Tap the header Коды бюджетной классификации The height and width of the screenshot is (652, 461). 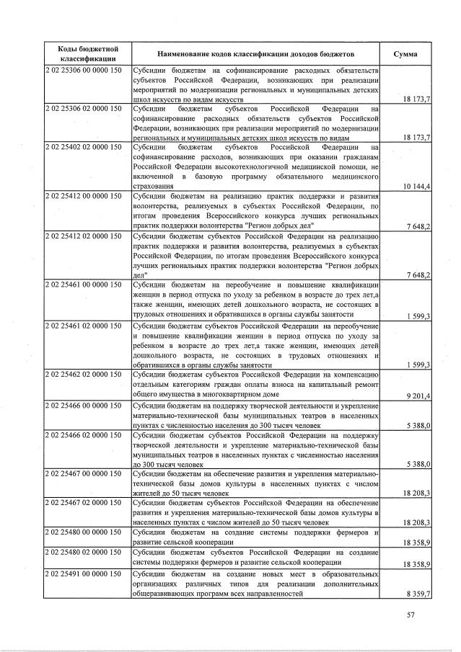[87, 54]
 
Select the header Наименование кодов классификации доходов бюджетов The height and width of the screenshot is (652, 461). [256, 54]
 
